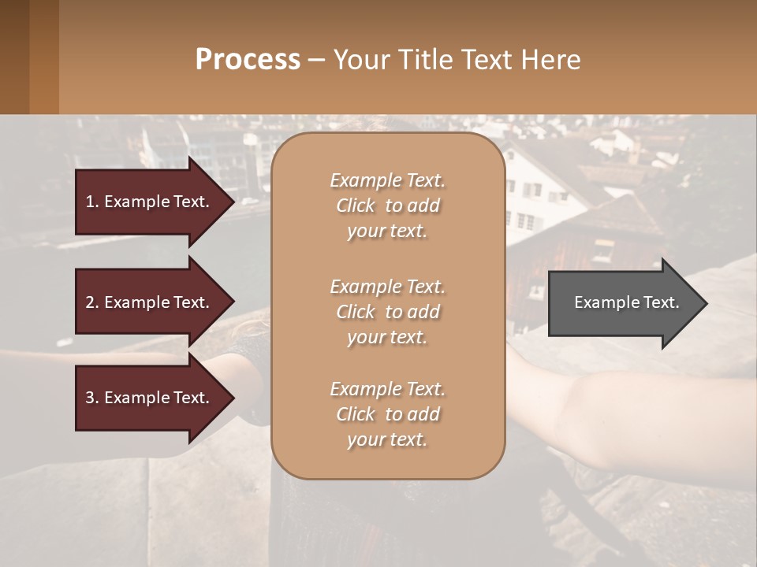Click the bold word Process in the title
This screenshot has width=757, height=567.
pos(248,59)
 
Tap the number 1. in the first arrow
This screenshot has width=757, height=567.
pos(92,202)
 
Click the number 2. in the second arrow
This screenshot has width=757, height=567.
pos(92,302)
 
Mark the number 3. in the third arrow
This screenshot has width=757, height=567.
pos(92,398)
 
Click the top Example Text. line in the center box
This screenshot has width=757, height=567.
pos(387,180)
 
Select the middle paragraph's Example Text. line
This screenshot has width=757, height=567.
pos(387,287)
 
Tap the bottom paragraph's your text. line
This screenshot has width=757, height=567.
pos(387,440)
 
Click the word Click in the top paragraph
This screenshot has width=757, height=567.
pos(355,206)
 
